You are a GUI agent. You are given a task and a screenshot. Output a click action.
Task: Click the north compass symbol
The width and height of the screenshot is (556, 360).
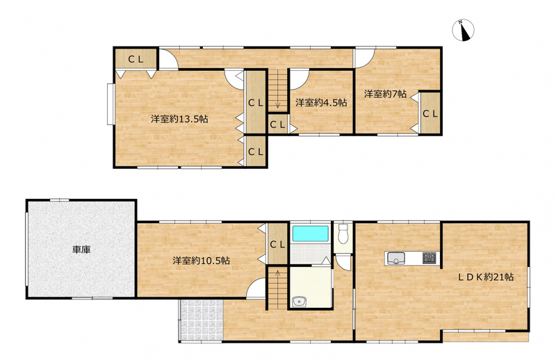(x=463, y=30)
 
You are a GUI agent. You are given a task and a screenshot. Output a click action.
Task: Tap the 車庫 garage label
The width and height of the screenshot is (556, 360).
(x=81, y=249)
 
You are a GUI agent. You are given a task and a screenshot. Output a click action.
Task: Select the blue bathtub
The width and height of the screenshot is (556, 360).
(x=310, y=234)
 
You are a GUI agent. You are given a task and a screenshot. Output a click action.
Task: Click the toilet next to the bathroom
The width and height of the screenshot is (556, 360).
(x=343, y=234)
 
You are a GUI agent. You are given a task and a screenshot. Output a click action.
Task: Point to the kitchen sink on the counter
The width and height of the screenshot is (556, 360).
(x=396, y=258)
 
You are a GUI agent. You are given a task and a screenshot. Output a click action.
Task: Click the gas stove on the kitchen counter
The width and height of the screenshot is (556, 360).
(x=429, y=258)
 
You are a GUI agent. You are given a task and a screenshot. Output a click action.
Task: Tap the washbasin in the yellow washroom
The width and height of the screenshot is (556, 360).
(x=300, y=302)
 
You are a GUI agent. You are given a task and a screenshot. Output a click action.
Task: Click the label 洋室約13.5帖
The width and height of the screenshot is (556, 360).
(x=179, y=119)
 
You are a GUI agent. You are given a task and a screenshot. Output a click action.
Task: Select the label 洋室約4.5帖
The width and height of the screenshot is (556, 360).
(x=321, y=103)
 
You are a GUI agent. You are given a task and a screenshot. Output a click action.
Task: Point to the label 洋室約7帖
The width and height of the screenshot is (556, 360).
(x=386, y=94)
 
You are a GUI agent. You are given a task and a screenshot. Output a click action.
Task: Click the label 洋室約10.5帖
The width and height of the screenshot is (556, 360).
(x=201, y=261)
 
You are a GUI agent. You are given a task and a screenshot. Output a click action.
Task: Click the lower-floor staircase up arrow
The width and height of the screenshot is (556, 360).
(x=277, y=273)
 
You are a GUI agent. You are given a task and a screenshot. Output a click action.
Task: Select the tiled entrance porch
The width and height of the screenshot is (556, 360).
(x=202, y=320)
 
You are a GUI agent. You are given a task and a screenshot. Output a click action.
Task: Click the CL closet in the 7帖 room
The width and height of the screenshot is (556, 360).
(x=430, y=113)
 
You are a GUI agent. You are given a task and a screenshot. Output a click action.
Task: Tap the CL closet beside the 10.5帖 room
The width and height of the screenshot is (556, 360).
(x=277, y=244)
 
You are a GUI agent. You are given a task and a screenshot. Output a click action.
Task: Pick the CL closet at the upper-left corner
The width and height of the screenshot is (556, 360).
(x=136, y=59)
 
